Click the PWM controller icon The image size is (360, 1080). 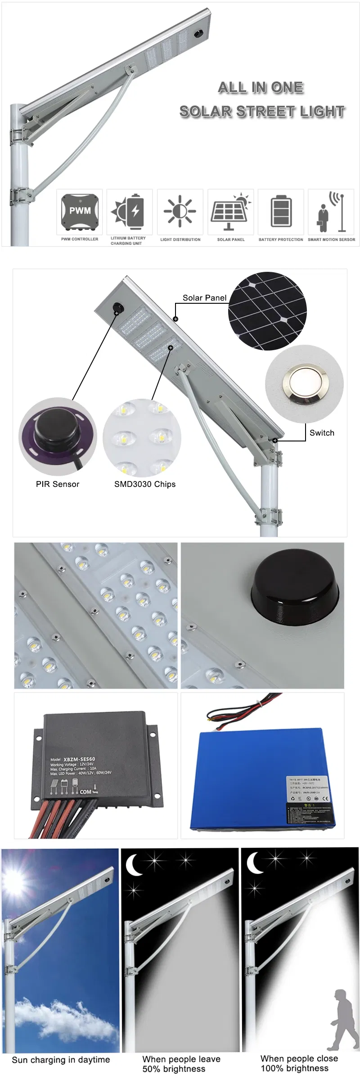point(80,211)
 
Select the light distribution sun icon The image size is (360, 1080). point(180,211)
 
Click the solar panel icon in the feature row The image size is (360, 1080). point(230,211)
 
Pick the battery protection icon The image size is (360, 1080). point(281,211)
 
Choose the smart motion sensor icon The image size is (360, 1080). point(331,211)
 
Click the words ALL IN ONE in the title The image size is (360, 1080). point(261,87)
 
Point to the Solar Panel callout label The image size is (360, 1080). point(204,298)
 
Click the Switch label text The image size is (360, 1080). point(322,433)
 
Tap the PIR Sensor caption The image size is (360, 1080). point(58,484)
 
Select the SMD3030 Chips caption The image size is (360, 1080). point(145,484)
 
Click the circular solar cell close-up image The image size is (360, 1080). point(267,311)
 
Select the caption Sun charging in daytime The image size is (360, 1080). point(61,1060)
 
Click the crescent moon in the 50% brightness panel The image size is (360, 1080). point(133,865)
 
